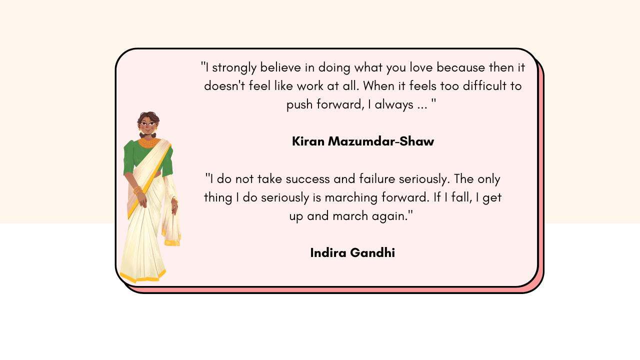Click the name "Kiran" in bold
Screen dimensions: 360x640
click(x=308, y=141)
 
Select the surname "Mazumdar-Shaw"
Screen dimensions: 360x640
click(x=381, y=141)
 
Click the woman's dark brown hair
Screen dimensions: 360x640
click(x=147, y=116)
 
